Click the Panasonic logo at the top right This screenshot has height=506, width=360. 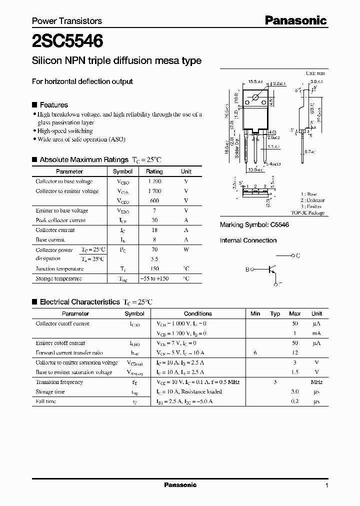295,20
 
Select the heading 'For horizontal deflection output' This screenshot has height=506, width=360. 82,81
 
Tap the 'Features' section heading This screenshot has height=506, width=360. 53,105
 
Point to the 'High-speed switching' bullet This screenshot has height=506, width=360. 65,131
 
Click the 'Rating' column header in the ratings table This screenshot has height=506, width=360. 154,171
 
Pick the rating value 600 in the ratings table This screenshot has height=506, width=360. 154,200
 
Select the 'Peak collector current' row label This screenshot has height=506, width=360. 60,220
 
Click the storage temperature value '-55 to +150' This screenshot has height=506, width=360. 154,278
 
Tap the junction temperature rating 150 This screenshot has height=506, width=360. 154,268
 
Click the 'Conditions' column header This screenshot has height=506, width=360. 198,313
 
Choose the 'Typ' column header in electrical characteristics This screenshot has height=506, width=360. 275,313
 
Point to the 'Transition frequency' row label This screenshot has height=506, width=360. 59,382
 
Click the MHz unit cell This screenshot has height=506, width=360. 316,382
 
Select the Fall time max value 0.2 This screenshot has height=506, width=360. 295,401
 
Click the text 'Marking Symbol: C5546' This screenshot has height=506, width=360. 254,225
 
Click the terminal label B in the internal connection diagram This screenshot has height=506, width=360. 247,269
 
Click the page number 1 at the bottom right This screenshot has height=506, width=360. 326,485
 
